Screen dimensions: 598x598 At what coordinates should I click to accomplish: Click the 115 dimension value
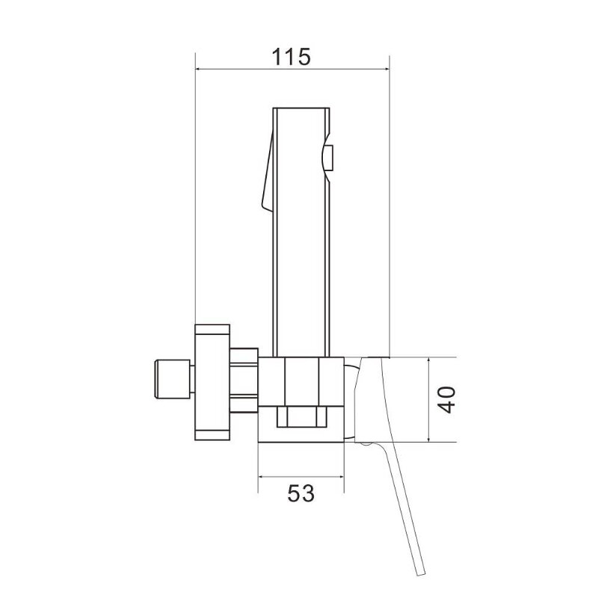292,57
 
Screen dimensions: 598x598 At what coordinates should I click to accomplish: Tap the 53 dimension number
301,493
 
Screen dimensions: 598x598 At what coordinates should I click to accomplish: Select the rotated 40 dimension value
446,400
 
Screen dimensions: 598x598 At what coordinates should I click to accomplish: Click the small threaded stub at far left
172,379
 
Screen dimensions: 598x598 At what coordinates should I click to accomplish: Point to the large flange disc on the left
212,382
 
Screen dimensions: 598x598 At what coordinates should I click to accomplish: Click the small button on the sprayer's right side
328,158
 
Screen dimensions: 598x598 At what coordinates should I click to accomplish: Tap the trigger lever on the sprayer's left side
267,172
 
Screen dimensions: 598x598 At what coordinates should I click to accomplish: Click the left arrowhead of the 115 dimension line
198,69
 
